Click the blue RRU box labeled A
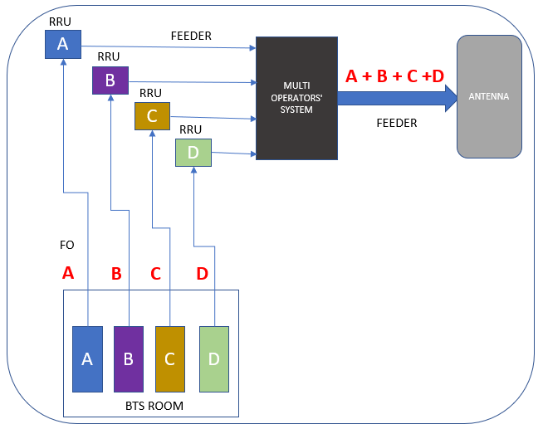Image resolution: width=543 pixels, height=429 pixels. (62, 44)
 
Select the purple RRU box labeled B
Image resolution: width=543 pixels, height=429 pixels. (110, 80)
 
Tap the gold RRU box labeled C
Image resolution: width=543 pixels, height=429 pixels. (152, 116)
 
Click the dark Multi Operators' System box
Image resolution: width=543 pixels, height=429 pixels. (296, 98)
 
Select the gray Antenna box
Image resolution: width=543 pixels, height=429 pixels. (489, 96)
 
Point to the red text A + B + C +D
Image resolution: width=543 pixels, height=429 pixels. (394, 76)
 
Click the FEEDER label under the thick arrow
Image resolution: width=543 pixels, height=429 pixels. (397, 123)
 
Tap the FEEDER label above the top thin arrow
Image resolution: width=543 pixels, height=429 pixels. (191, 36)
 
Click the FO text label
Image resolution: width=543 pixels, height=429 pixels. (68, 246)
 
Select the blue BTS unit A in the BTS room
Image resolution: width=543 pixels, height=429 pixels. (87, 358)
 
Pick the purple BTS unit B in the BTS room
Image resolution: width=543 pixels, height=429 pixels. (129, 358)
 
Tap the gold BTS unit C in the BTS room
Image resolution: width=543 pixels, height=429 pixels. (170, 358)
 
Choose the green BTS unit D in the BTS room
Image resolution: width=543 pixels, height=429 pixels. (213, 358)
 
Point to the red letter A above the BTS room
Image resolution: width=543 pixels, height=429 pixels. (68, 272)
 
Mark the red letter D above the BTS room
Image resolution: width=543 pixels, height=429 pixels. (202, 273)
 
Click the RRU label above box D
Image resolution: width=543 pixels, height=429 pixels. (191, 129)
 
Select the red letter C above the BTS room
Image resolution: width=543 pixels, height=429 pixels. (155, 273)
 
